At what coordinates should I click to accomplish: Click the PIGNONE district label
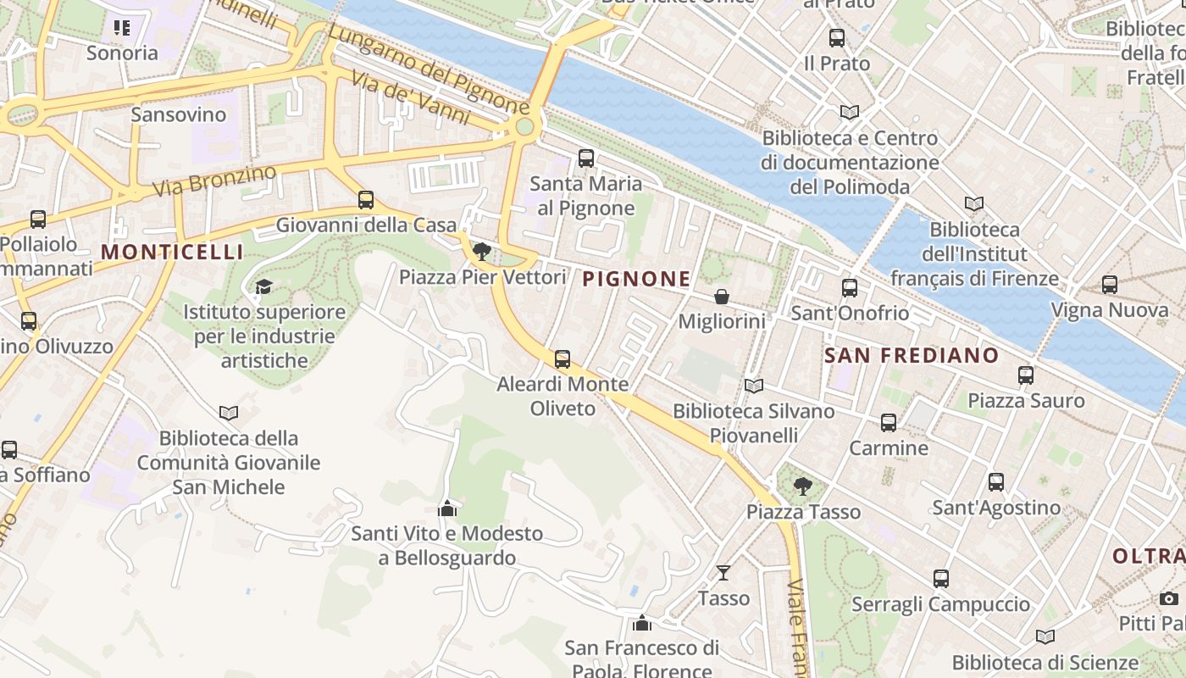pyautogui.click(x=636, y=279)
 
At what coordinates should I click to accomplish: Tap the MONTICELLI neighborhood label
pyautogui.click(x=172, y=252)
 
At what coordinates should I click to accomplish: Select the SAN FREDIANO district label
pyautogui.click(x=912, y=355)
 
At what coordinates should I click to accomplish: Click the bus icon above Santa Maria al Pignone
pyautogui.click(x=585, y=158)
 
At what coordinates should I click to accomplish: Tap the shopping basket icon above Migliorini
pyautogui.click(x=721, y=297)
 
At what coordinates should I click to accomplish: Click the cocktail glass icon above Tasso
pyautogui.click(x=723, y=573)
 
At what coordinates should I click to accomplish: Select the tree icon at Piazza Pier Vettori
pyautogui.click(x=482, y=252)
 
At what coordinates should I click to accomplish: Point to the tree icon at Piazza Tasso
pyautogui.click(x=802, y=486)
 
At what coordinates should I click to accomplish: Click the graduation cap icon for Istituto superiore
pyautogui.click(x=263, y=286)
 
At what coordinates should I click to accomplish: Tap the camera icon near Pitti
pyautogui.click(x=1169, y=598)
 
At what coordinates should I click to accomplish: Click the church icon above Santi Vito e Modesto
pyautogui.click(x=446, y=508)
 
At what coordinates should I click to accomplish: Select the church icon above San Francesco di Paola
pyautogui.click(x=642, y=624)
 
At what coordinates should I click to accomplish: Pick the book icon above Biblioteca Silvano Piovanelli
pyautogui.click(x=753, y=386)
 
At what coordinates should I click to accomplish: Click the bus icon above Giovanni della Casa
pyautogui.click(x=366, y=200)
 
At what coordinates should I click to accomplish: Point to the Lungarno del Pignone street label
pyautogui.click(x=428, y=69)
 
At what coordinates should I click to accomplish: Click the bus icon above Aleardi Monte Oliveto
pyautogui.click(x=563, y=359)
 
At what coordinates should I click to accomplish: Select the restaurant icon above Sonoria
pyautogui.click(x=122, y=28)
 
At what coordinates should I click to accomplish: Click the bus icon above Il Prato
pyautogui.click(x=837, y=38)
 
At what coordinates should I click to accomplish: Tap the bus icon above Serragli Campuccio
pyautogui.click(x=941, y=579)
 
